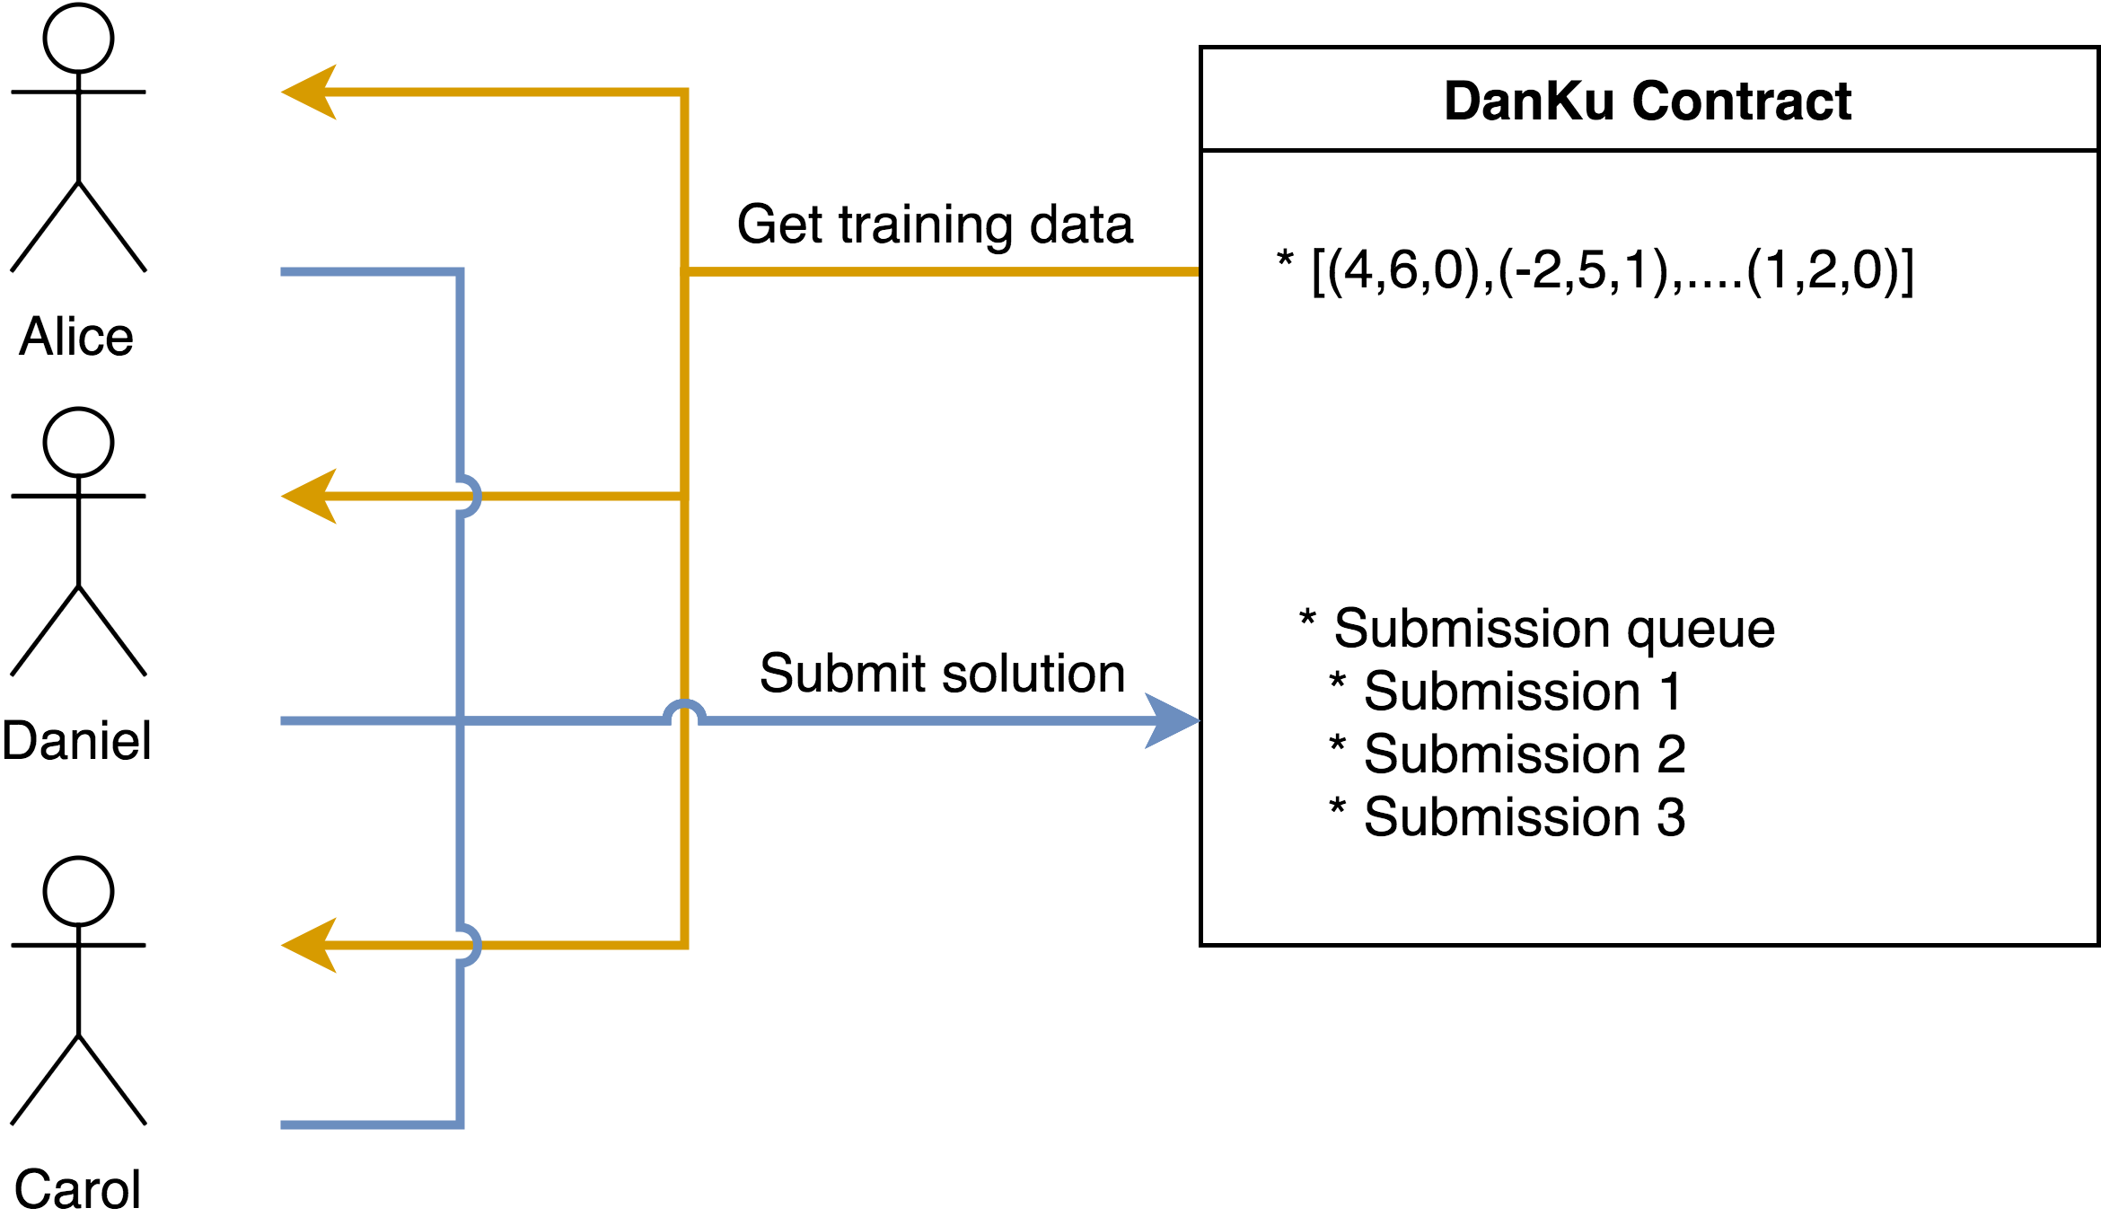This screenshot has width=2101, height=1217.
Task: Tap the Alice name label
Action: [x=76, y=337]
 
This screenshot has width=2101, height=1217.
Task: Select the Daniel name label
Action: [x=76, y=741]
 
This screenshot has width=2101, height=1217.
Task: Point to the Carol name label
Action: [x=78, y=1188]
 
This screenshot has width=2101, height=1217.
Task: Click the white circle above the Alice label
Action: [x=78, y=38]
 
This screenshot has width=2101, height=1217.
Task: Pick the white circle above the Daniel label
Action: [x=78, y=442]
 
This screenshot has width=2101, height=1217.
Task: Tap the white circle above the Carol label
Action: [x=78, y=891]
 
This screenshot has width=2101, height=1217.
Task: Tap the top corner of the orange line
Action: [x=684, y=92]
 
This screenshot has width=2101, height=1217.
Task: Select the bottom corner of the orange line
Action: [x=684, y=945]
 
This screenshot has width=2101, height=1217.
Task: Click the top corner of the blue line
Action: [x=460, y=271]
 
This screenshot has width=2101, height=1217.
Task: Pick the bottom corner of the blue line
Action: [x=460, y=1124]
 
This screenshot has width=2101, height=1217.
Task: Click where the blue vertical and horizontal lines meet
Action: [x=460, y=720]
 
